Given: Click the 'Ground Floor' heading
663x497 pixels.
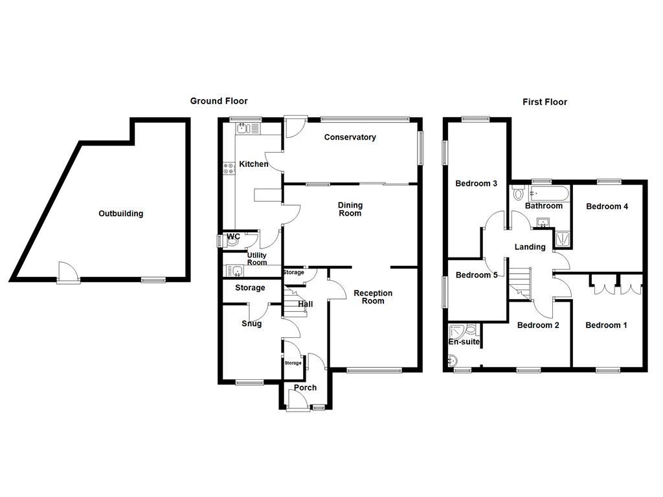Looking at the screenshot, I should [218, 101].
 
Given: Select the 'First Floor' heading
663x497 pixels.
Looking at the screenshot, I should [545, 102].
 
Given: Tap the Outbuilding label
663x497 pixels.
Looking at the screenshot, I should [120, 214].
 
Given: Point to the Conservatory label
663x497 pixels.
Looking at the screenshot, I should [350, 137].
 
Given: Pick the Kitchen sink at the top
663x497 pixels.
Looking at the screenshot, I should [243, 129].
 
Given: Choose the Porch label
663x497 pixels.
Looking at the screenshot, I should [305, 388].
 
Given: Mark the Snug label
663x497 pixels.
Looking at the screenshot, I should [251, 324].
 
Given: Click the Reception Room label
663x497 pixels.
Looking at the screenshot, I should [373, 297].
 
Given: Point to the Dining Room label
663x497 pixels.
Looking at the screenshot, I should [350, 209].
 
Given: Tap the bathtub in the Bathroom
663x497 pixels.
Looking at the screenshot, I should [548, 193].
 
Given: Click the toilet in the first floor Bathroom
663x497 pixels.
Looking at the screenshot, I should [518, 193].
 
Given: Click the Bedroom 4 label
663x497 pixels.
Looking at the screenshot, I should [607, 206].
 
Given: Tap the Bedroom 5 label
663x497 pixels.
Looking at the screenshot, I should [477, 275].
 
